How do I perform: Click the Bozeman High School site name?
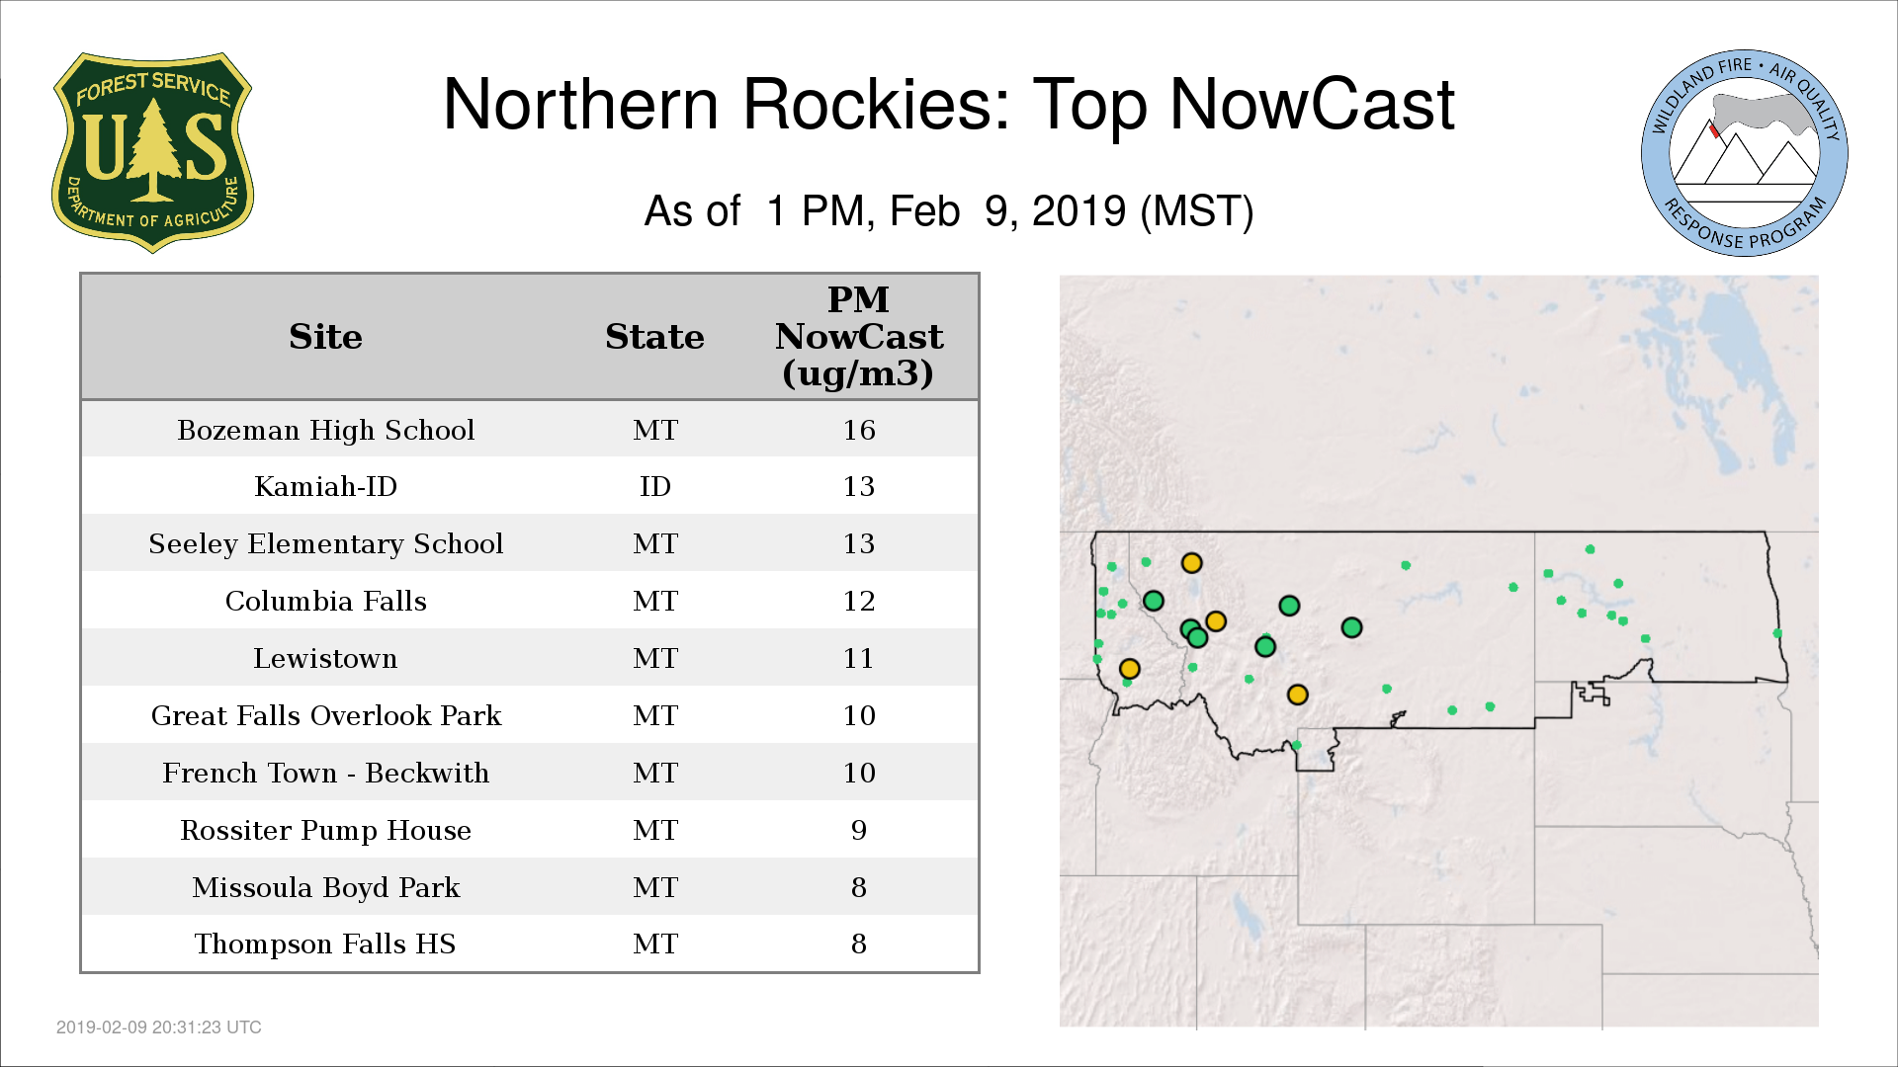click(325, 431)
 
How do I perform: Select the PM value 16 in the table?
click(859, 430)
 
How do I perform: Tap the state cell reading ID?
click(655, 486)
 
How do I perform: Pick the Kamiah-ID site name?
click(325, 486)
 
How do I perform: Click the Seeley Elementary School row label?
click(325, 544)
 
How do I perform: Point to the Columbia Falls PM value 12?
click(859, 601)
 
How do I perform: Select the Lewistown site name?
click(325, 658)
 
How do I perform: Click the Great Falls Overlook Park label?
click(325, 715)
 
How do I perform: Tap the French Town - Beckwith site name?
click(325, 773)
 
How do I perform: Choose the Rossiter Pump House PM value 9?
click(859, 830)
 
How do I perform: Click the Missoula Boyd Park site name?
click(325, 887)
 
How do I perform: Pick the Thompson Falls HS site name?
click(325, 944)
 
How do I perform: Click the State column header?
click(654, 337)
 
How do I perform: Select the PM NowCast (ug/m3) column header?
click(859, 336)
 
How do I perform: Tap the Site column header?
click(325, 337)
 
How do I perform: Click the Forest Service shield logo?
click(152, 152)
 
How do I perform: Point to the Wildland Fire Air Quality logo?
click(1745, 153)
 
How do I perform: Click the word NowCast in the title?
click(1312, 104)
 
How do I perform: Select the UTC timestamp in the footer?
click(159, 1027)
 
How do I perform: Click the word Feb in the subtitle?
click(924, 211)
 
